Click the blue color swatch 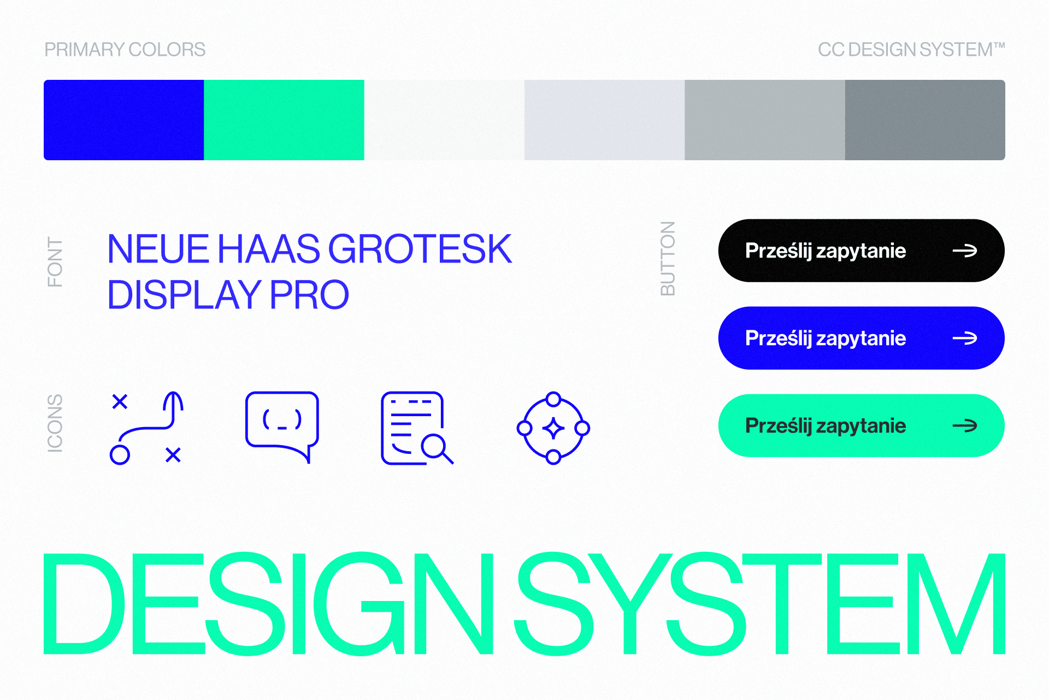click(x=123, y=120)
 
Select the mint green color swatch click(x=284, y=120)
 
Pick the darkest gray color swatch click(x=924, y=120)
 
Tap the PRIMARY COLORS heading click(x=125, y=50)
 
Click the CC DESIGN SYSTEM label click(x=911, y=50)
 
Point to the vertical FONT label click(x=55, y=262)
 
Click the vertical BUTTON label click(x=668, y=259)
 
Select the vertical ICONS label click(x=55, y=423)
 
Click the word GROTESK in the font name click(x=420, y=249)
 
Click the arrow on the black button click(x=965, y=251)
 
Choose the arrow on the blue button click(x=965, y=339)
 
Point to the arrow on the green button click(x=965, y=426)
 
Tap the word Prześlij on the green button click(x=779, y=426)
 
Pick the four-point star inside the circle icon click(x=553, y=428)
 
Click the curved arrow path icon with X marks click(x=146, y=428)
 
